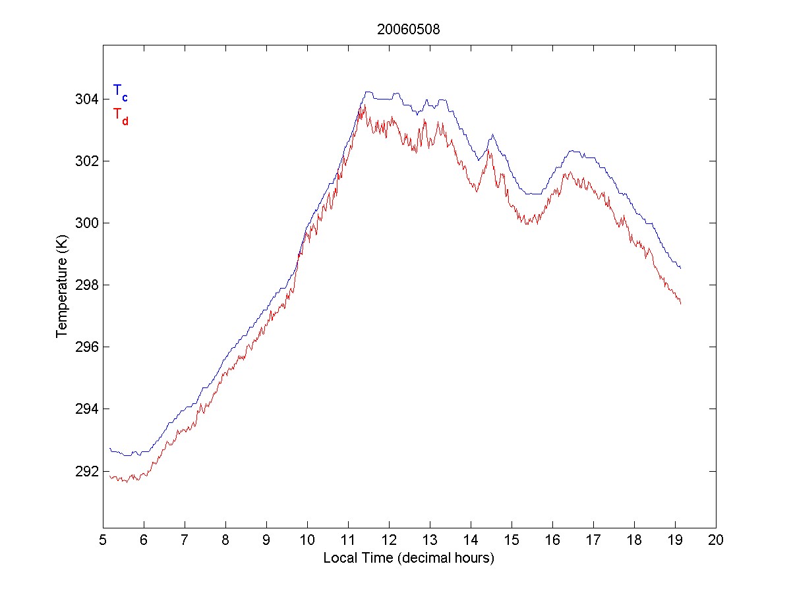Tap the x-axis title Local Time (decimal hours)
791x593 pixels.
tap(409, 558)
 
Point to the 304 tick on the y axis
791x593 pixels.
tap(87, 99)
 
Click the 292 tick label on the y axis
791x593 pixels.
tap(87, 471)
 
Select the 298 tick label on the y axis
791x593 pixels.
tap(87, 285)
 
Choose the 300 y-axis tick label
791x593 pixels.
tap(87, 223)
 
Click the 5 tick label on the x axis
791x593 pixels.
tap(103, 540)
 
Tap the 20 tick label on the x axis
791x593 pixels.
tap(716, 540)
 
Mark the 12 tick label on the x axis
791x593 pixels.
tap(389, 540)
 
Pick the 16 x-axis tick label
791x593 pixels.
tap(552, 540)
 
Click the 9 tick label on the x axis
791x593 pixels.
tap(266, 540)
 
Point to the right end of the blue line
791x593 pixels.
tap(680, 268)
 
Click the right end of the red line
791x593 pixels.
tap(680, 303)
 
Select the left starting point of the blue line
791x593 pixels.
tap(110, 448)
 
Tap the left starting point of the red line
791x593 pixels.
tap(110, 476)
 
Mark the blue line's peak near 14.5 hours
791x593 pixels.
tap(492, 134)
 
